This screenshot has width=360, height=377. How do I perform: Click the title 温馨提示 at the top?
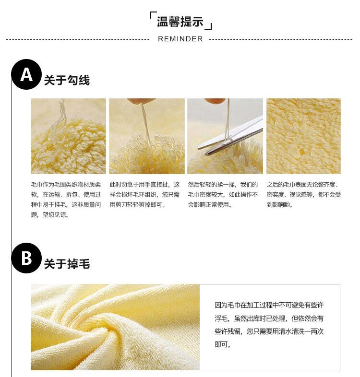(180, 22)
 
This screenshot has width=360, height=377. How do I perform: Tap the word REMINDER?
(180, 39)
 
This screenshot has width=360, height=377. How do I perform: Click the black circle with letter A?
(26, 74)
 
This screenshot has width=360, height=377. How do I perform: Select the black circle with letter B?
(26, 258)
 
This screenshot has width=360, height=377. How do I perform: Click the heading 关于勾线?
(67, 80)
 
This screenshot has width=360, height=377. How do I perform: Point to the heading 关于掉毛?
(67, 264)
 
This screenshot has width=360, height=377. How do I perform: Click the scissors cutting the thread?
(230, 136)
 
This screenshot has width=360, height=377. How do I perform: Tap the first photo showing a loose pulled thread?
(68, 136)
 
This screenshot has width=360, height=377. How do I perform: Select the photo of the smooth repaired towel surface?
(303, 136)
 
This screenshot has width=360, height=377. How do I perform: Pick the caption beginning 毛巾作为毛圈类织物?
(66, 200)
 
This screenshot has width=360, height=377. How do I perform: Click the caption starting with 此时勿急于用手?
(144, 195)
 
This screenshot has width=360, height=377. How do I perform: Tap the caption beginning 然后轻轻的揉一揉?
(223, 195)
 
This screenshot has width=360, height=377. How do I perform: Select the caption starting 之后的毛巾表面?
(304, 195)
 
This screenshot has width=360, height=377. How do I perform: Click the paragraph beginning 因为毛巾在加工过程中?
(269, 325)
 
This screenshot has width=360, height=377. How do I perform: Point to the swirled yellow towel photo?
(115, 327)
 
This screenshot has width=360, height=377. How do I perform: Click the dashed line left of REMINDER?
(78, 39)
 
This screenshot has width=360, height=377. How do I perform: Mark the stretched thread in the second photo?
(146, 123)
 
